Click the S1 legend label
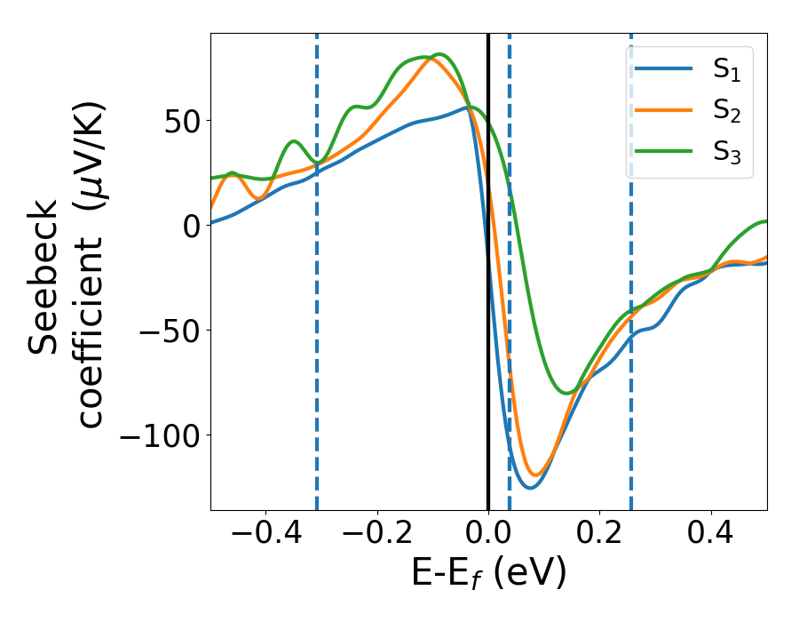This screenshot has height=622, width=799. click(726, 71)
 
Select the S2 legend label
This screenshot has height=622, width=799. click(726, 112)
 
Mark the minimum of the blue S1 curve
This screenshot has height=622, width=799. click(529, 488)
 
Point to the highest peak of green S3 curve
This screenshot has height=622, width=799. click(439, 54)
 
